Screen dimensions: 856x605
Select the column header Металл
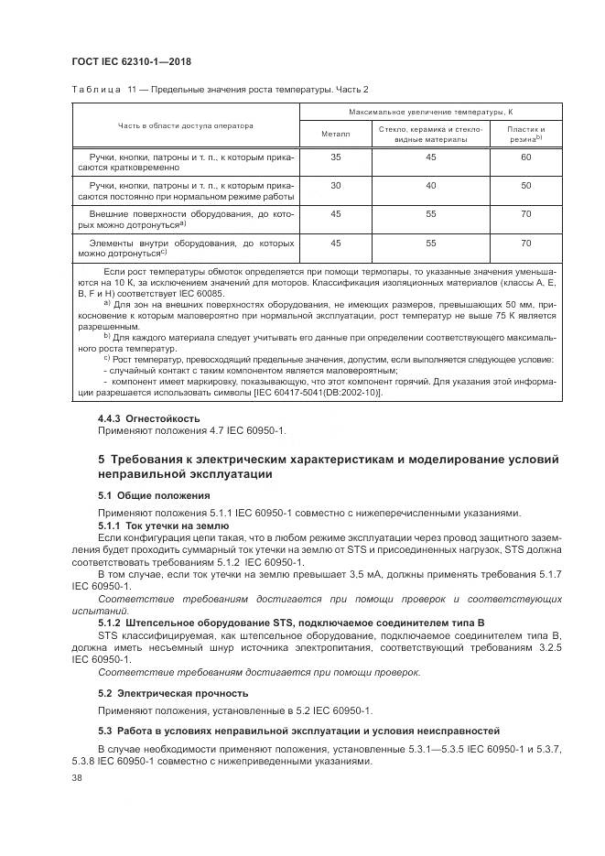point(335,134)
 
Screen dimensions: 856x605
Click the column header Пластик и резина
point(525,134)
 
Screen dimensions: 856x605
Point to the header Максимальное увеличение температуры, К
point(430,111)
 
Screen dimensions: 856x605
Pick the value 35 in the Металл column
point(335,157)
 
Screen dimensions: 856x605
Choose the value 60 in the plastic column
point(525,157)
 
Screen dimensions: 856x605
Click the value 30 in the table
point(335,185)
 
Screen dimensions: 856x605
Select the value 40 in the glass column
point(430,185)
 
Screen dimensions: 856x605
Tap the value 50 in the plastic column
point(525,185)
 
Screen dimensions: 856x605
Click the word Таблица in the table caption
point(91,89)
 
